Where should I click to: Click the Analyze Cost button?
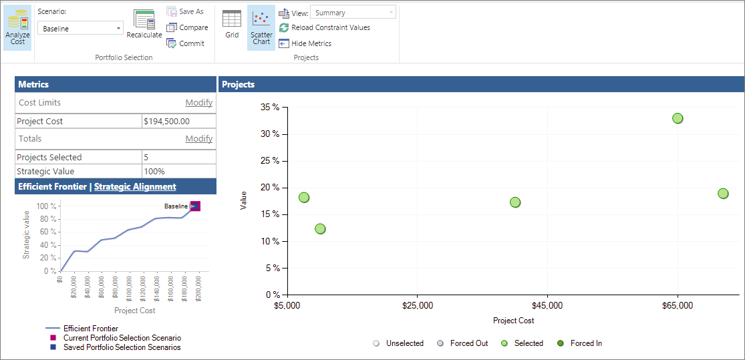point(17,28)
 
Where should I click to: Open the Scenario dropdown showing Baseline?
point(80,29)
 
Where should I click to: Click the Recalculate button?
point(144,25)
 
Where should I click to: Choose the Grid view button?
point(232,25)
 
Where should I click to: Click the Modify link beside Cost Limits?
point(198,103)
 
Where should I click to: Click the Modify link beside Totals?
point(198,139)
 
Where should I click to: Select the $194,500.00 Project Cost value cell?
point(178,122)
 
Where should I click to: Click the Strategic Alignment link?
point(135,187)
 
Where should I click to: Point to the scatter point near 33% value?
point(678,118)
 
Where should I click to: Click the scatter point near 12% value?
point(320,229)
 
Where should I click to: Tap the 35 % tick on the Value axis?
point(270,108)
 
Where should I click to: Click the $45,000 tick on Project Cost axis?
point(547,305)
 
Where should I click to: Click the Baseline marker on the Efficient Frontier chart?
point(195,206)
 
